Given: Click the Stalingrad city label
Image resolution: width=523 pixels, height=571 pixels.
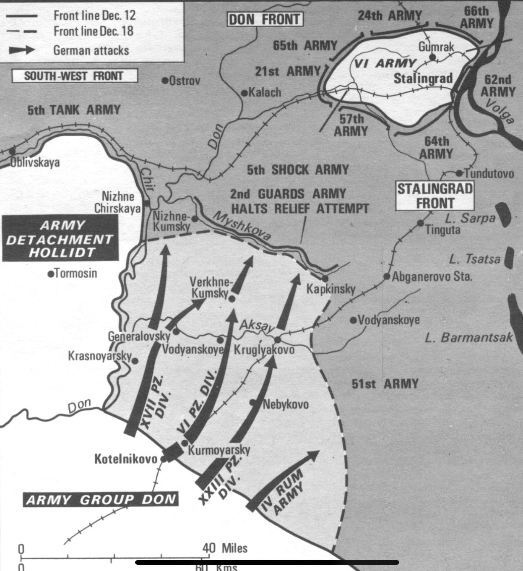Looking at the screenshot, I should point(423,78).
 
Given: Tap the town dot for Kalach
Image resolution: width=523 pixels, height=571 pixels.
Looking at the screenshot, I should point(245,93).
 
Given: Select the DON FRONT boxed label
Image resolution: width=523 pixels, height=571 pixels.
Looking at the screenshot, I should point(265,19).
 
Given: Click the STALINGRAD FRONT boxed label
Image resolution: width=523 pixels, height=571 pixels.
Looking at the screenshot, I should point(435,196).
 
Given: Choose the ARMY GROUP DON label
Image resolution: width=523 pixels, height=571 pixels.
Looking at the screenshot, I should point(101,500).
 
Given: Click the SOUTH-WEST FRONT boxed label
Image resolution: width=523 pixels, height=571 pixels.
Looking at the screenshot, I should point(74,76).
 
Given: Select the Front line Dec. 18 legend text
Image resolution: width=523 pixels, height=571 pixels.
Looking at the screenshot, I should point(93,31).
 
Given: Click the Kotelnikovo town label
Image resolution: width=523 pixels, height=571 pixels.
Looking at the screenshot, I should point(125,459).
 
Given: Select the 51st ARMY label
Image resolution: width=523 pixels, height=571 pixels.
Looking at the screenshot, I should point(385,384).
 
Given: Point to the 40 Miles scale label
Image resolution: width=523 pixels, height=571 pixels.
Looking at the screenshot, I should point(225,548).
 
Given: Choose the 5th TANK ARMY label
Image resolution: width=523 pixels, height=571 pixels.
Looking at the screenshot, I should point(74,110).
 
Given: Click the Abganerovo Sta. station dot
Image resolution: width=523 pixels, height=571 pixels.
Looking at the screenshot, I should point(387,276).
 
